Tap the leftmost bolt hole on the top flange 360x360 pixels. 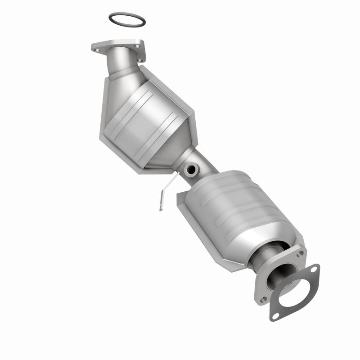pos(95,46)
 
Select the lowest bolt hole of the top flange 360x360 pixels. pos(140,60)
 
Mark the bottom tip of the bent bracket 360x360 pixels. pos(160,208)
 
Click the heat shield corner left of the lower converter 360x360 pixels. pos(181,194)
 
